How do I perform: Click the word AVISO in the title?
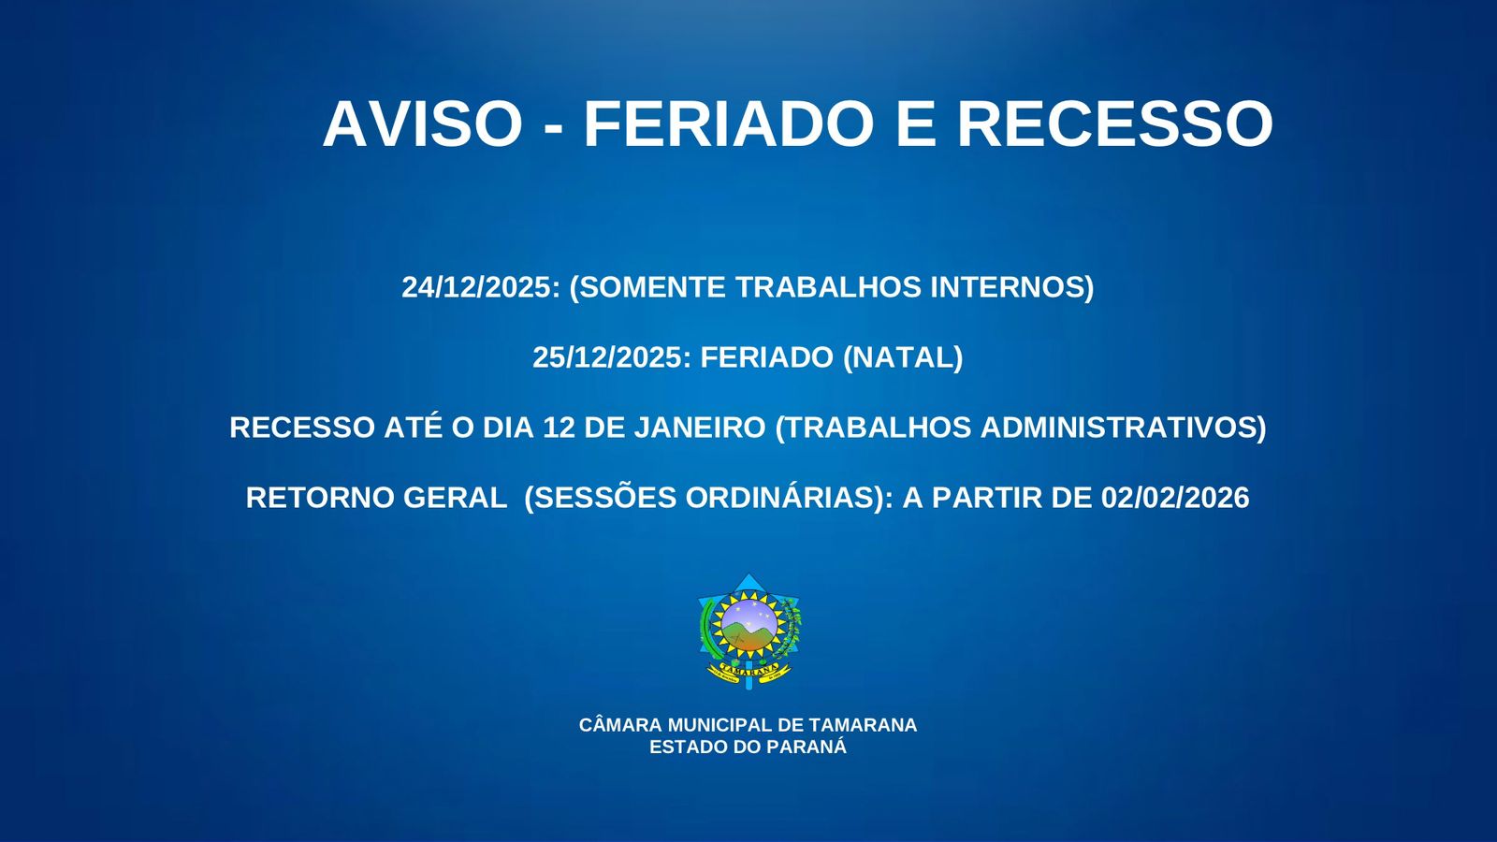click(422, 124)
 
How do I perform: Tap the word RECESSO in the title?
click(1115, 124)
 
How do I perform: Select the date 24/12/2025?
click(478, 287)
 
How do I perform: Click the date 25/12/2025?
click(609, 357)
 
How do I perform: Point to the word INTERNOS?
click(1008, 287)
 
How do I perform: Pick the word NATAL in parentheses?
click(902, 357)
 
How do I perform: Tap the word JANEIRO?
click(699, 428)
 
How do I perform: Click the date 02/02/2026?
click(1175, 498)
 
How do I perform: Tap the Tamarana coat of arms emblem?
click(749, 631)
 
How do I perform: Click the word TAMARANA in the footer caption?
click(863, 725)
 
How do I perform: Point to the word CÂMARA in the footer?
click(620, 724)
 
